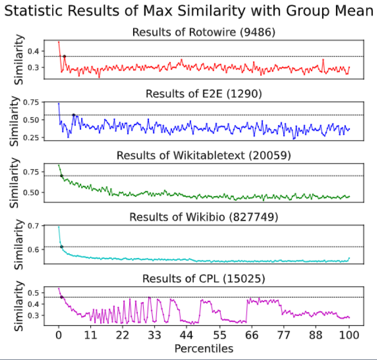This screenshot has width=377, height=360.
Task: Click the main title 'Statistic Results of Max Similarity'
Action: (x=189, y=11)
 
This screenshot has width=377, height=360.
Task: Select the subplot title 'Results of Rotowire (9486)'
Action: (x=203, y=32)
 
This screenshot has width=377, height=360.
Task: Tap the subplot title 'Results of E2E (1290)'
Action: (x=203, y=94)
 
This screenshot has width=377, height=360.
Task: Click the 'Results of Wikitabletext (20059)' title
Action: (x=203, y=155)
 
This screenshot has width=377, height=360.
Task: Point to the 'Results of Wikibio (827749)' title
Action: (x=203, y=217)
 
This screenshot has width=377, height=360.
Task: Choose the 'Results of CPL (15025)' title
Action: (x=203, y=279)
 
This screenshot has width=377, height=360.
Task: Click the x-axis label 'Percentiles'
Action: (x=203, y=348)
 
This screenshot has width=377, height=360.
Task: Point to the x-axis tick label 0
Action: (x=58, y=335)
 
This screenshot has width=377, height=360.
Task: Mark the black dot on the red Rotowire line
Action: (x=64, y=56)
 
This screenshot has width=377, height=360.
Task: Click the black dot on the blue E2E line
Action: (x=74, y=115)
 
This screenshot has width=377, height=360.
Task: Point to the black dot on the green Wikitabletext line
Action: (x=61, y=175)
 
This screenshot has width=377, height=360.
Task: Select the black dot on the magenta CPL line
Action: (x=61, y=297)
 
